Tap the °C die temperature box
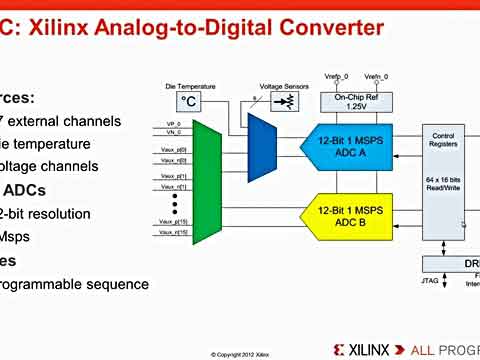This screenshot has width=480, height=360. [x=189, y=101]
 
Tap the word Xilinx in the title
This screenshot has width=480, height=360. [x=61, y=26]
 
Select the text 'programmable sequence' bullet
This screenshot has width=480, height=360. [x=76, y=284]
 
